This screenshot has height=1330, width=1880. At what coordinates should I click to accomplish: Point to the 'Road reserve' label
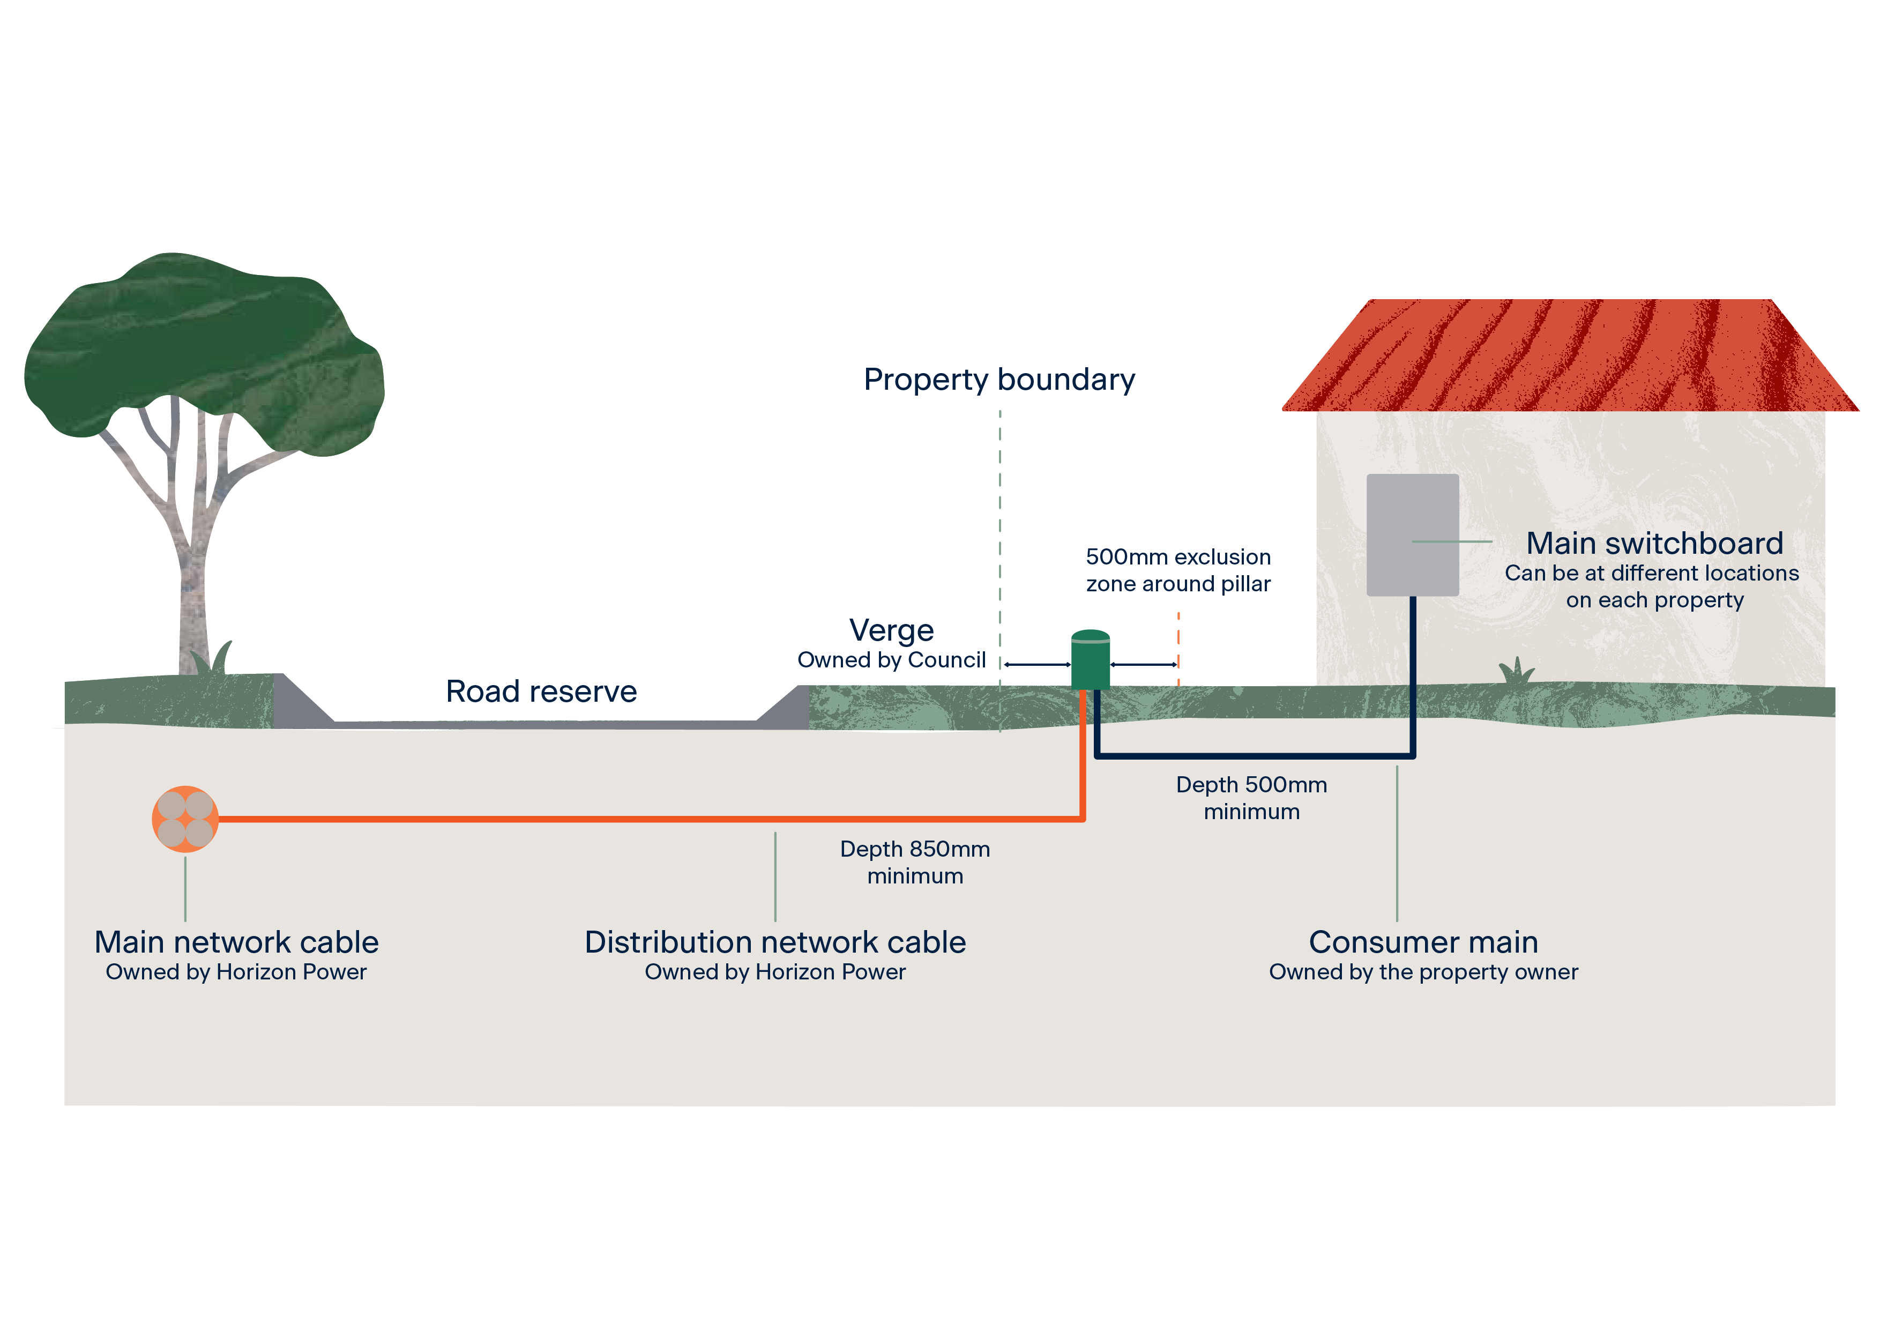pyautogui.click(x=541, y=691)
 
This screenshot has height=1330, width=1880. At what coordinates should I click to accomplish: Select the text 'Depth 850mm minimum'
pyautogui.click(x=915, y=863)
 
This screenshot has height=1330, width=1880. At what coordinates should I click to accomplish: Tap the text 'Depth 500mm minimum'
pyautogui.click(x=1251, y=798)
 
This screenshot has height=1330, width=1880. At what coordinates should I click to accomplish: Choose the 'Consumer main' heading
pyautogui.click(x=1423, y=942)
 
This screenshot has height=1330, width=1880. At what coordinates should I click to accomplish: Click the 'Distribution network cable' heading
pyautogui.click(x=774, y=942)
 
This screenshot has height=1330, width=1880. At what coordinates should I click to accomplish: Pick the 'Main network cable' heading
pyautogui.click(x=237, y=942)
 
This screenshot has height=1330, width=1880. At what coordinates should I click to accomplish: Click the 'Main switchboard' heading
pyautogui.click(x=1654, y=543)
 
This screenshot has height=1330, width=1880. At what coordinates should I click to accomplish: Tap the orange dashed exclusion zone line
pyautogui.click(x=1178, y=647)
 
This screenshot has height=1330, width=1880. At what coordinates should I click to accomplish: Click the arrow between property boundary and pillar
pyautogui.click(x=1038, y=664)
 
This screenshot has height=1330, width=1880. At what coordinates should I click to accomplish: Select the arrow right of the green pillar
pyautogui.click(x=1144, y=664)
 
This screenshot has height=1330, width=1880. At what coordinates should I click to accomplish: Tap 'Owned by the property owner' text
pyautogui.click(x=1423, y=972)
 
